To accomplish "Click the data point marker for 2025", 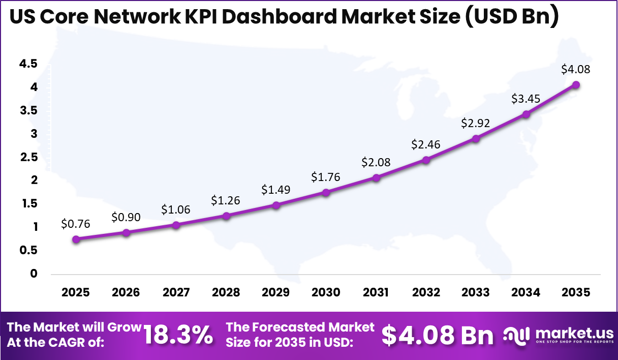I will (x=76, y=239).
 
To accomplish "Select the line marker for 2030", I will (x=326, y=192).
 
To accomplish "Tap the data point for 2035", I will (x=576, y=84).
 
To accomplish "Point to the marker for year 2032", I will (x=426, y=160).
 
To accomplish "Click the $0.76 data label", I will (x=76, y=223).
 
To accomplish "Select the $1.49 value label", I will (x=276, y=189).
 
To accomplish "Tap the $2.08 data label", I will (x=376, y=162).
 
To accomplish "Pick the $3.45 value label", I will (x=526, y=98).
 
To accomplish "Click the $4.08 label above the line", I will (x=576, y=69).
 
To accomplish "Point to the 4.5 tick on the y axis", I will (x=28, y=64).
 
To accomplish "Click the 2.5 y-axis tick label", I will (x=28, y=157).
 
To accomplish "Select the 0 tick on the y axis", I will (x=33, y=274).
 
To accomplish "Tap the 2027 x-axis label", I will (x=176, y=292).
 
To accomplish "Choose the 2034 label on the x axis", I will (x=526, y=292).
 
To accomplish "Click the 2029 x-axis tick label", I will (x=276, y=292).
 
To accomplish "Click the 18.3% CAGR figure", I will (x=178, y=335).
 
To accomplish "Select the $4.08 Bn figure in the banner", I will (x=438, y=335).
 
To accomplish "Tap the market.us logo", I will (x=558, y=336).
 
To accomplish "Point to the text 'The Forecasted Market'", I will (x=300, y=327).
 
